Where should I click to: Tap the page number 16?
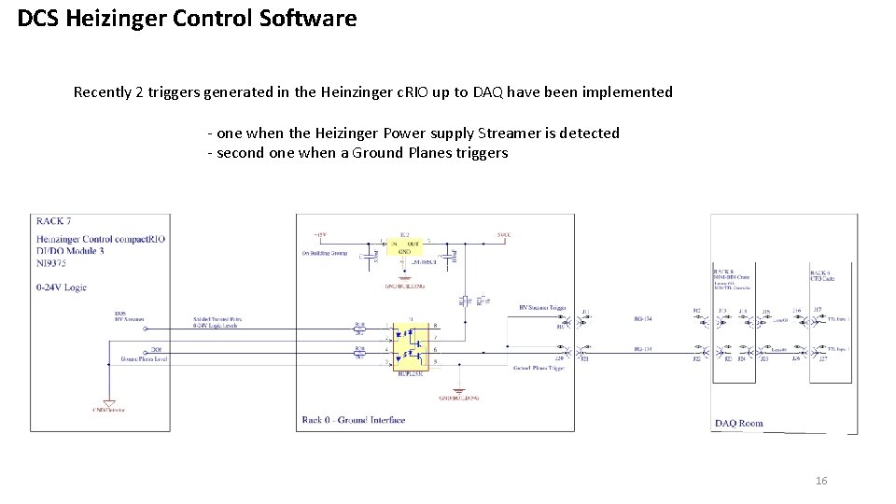[x=821, y=481]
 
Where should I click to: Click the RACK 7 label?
[x=54, y=222]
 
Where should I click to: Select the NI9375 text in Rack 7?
[x=55, y=265]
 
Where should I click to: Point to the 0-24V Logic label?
[x=62, y=287]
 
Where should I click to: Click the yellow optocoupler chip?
[x=412, y=343]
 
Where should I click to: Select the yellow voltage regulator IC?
[x=403, y=246]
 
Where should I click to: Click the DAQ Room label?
[x=739, y=423]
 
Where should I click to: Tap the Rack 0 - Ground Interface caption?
[x=354, y=420]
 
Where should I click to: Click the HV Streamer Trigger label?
[x=542, y=308]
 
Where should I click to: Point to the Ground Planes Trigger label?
[x=539, y=369]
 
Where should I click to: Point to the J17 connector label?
[x=818, y=310]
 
